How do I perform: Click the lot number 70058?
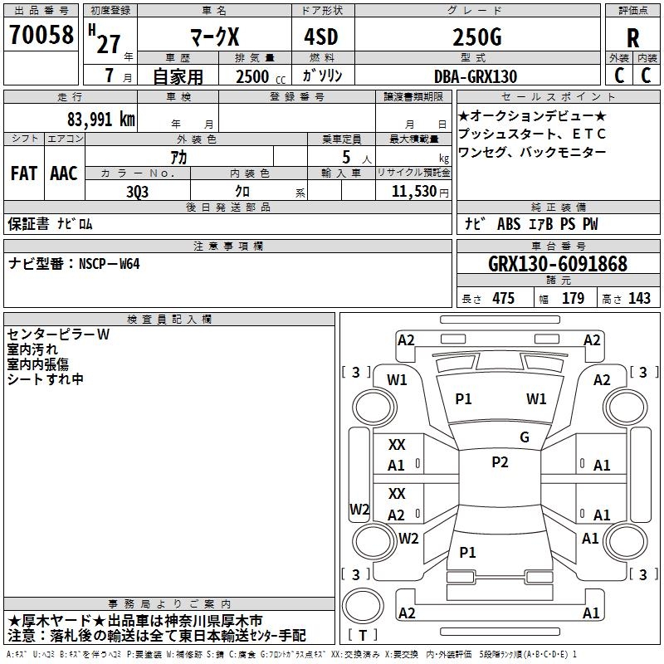click(x=41, y=34)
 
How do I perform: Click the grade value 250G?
click(x=477, y=37)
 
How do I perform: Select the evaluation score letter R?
click(x=632, y=38)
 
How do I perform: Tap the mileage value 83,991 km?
click(x=100, y=120)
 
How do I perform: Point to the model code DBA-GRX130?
click(x=476, y=76)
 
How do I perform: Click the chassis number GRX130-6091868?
click(x=558, y=264)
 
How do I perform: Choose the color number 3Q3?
click(x=137, y=192)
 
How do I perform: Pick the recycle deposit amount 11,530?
click(x=413, y=191)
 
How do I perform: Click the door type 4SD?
click(x=321, y=37)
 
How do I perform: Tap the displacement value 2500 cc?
click(x=261, y=76)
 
